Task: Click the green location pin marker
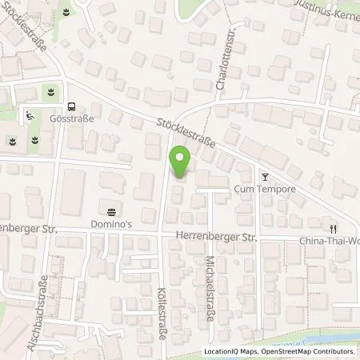[181, 162]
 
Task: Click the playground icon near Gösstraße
[30, 115]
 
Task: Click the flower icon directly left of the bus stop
[53, 92]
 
